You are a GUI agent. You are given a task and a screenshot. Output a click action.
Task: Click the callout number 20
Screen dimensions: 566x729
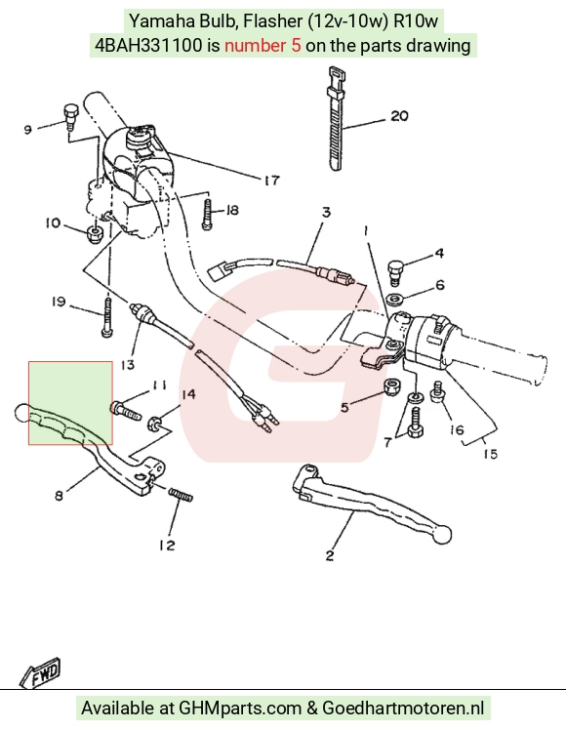pyautogui.click(x=399, y=115)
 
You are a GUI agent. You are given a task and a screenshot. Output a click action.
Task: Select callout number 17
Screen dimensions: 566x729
pyautogui.click(x=271, y=180)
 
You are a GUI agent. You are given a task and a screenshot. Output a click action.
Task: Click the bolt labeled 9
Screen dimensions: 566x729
pyautogui.click(x=70, y=117)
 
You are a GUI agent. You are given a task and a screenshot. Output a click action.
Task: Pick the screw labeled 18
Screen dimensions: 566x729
pyautogui.click(x=208, y=214)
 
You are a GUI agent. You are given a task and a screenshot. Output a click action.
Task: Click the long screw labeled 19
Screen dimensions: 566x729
pyautogui.click(x=106, y=317)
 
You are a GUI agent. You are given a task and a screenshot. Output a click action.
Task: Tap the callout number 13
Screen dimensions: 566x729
pyautogui.click(x=127, y=365)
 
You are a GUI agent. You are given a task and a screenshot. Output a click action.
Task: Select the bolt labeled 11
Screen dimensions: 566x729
pyautogui.click(x=126, y=411)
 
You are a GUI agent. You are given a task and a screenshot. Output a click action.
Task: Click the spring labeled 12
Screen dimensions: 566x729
pyautogui.click(x=181, y=495)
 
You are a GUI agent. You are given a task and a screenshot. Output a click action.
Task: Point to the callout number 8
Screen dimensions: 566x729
pyautogui.click(x=59, y=496)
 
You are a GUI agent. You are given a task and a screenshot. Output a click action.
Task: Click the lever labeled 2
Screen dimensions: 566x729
pyautogui.click(x=372, y=502)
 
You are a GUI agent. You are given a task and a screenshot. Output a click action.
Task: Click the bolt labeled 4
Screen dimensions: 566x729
pyautogui.click(x=395, y=271)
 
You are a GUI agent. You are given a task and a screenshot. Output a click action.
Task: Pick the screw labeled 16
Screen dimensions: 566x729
pyautogui.click(x=437, y=392)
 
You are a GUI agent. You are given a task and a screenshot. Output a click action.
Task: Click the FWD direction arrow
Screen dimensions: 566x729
pyautogui.click(x=40, y=672)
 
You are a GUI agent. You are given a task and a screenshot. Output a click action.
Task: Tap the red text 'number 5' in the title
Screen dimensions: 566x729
pyautogui.click(x=263, y=46)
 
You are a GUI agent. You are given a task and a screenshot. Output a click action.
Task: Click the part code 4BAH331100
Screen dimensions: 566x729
pyautogui.click(x=148, y=46)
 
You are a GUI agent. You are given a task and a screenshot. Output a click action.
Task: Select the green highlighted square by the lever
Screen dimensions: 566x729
pyautogui.click(x=70, y=403)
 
